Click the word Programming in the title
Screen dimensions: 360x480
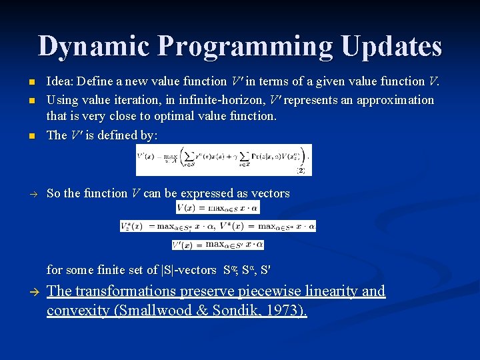tap(244, 47)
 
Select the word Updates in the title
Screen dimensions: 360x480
tap(391, 47)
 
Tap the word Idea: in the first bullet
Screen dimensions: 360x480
tap(60, 81)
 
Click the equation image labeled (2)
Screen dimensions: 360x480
tap(223, 160)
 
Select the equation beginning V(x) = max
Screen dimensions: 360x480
tap(217, 208)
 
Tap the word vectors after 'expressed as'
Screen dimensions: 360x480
tap(270, 193)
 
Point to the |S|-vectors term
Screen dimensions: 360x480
tap(189, 270)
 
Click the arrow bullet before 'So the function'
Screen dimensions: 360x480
tap(31, 193)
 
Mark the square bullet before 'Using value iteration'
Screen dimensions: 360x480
tap(31, 100)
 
